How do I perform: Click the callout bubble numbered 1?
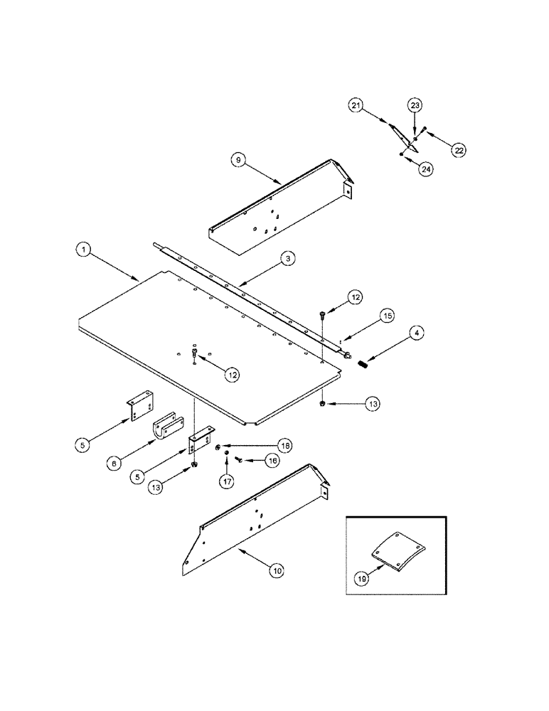84,250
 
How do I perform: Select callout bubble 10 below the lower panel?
275,569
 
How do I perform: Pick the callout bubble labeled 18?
285,446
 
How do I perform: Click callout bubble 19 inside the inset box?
363,579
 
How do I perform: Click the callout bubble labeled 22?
459,150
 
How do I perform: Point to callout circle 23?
415,105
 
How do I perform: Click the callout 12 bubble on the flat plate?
234,373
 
